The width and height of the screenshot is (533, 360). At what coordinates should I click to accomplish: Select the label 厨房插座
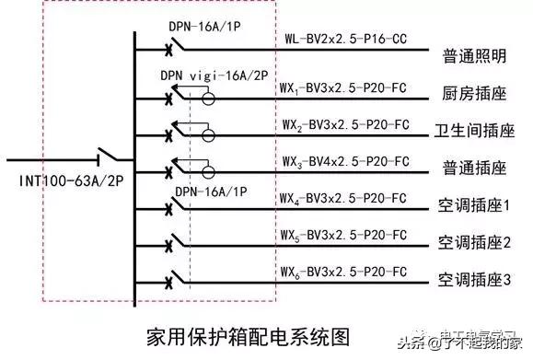(x=470, y=92)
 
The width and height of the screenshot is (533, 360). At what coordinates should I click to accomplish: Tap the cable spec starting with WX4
(x=343, y=196)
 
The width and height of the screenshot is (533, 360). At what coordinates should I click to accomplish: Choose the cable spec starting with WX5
(x=343, y=234)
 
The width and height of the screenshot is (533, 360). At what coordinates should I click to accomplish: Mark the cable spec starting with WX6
(x=343, y=272)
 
